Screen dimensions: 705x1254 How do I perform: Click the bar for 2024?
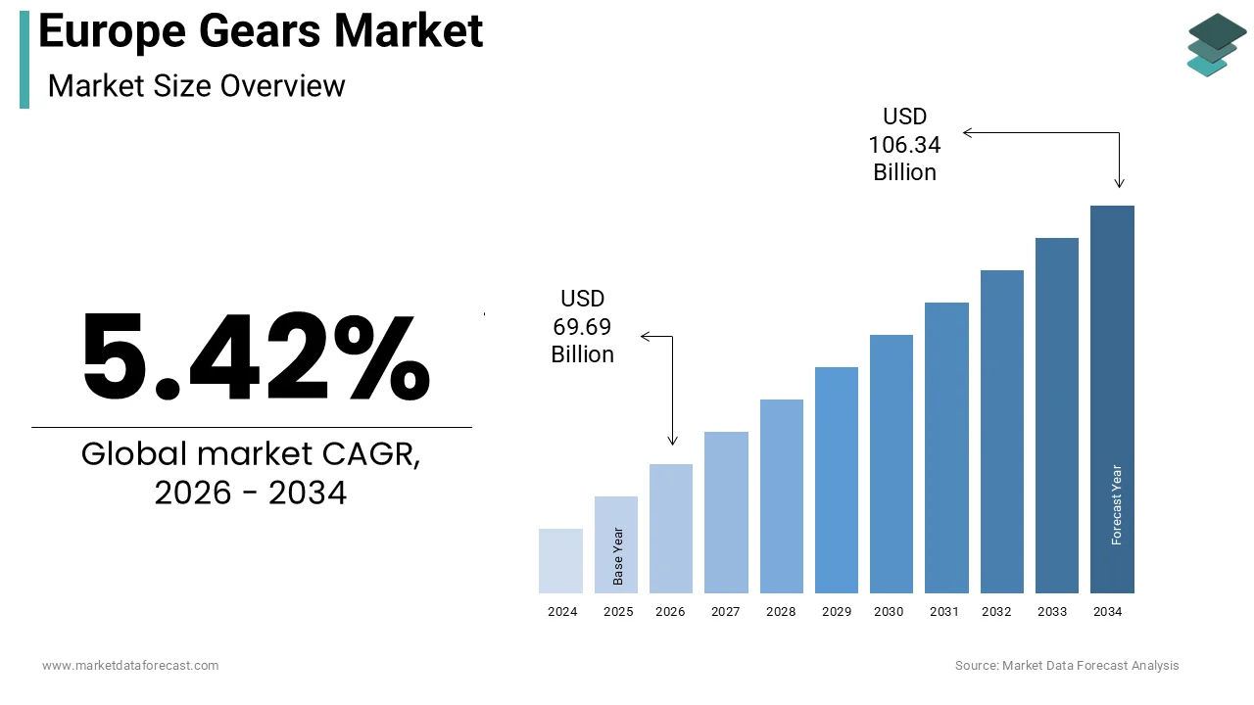click(x=560, y=561)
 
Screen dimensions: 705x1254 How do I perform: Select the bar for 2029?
click(x=836, y=480)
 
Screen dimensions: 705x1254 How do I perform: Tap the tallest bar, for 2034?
click(x=1112, y=399)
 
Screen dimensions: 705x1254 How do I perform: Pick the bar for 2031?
click(x=946, y=447)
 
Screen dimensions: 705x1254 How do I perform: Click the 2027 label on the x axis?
click(x=726, y=612)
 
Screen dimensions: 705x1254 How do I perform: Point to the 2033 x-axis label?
click(x=1053, y=612)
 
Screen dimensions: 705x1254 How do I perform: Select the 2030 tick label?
click(x=889, y=612)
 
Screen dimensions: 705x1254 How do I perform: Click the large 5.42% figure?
click(x=255, y=357)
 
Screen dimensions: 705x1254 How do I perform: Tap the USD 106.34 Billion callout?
click(x=904, y=145)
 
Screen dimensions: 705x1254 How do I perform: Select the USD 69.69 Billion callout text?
click(x=583, y=326)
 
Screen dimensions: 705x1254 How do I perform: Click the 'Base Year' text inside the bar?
click(x=618, y=556)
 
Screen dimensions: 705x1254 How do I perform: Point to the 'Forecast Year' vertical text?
click(x=1117, y=504)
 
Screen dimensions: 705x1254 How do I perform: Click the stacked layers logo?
click(x=1216, y=45)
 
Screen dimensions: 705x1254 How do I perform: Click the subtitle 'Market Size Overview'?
click(x=196, y=86)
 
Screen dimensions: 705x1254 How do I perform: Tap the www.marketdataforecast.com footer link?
click(x=130, y=666)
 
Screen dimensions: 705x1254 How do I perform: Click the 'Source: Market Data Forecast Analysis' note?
click(x=1067, y=666)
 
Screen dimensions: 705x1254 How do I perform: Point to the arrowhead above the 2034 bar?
click(x=1119, y=183)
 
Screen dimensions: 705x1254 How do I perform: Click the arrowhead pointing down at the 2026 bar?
click(x=672, y=441)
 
